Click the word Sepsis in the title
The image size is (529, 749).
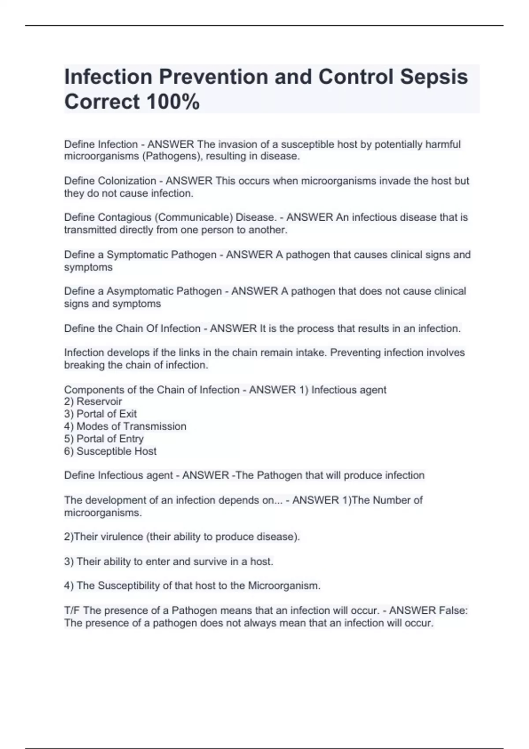tap(434, 77)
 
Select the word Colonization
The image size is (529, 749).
tap(127, 181)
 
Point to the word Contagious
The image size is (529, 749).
tap(125, 217)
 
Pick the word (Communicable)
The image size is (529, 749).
tap(194, 217)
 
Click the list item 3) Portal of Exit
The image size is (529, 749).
tap(101, 414)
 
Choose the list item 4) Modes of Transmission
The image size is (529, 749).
tap(125, 426)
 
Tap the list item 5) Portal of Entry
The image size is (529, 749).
tap(104, 439)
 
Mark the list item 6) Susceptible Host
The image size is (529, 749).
tap(110, 451)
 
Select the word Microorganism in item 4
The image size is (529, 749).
tap(284, 586)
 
